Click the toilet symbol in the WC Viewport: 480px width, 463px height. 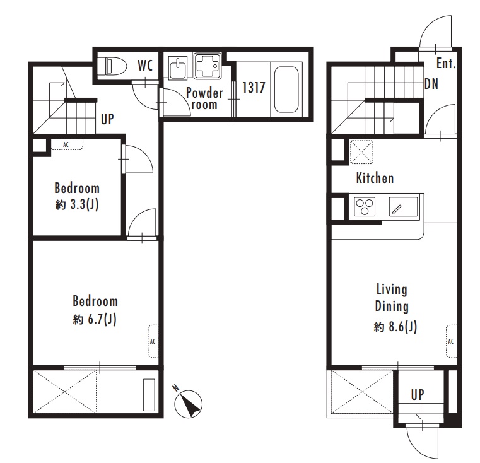(115, 66)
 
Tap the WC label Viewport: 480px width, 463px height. (145, 65)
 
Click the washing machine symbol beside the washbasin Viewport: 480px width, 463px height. (208, 66)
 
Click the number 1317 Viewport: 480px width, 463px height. (254, 88)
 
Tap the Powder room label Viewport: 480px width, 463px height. (204, 98)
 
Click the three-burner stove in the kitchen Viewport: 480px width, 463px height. (365, 207)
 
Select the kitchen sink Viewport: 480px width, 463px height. (403, 207)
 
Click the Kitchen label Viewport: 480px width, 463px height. (375, 178)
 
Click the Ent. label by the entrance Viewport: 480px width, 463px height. (446, 63)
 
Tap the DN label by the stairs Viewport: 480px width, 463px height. (431, 84)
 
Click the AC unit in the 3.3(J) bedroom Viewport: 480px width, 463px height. (67, 144)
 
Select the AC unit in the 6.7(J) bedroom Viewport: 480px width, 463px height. (153, 341)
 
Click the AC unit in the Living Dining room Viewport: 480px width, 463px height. (451, 341)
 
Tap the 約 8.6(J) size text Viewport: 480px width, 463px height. (395, 327)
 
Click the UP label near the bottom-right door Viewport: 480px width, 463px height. (418, 395)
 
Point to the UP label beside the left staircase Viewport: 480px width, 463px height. (107, 119)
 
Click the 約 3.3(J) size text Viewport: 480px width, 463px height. (77, 204)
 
